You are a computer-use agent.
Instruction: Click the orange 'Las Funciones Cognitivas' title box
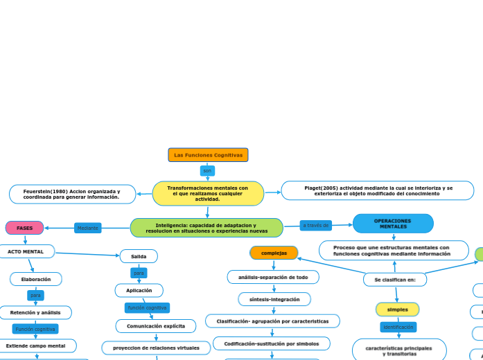tap(208, 155)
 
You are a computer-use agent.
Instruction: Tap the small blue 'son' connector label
tap(207, 170)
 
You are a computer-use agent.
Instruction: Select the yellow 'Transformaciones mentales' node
tap(208, 194)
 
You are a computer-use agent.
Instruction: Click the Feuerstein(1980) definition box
tap(72, 194)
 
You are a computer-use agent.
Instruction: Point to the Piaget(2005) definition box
tap(378, 190)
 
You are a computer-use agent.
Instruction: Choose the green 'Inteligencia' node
tap(207, 228)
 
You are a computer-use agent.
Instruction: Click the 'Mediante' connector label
tap(88, 228)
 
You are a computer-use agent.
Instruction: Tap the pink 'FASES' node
tap(25, 228)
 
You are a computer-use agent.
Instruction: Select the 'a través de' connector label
tap(316, 225)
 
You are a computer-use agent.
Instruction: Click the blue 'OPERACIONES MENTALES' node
tap(393, 224)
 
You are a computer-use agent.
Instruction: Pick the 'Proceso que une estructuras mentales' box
tap(394, 251)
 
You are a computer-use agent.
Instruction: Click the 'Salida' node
tap(139, 256)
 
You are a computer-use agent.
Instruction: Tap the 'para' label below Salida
tap(139, 273)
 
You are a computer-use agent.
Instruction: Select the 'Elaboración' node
tap(36, 279)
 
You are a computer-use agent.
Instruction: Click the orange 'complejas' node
tap(274, 253)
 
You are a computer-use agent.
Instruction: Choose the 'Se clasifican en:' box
tap(395, 279)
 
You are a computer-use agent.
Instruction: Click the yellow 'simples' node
tap(397, 309)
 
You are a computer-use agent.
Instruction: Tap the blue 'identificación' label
tap(398, 327)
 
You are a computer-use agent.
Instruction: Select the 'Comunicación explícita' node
tap(156, 325)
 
